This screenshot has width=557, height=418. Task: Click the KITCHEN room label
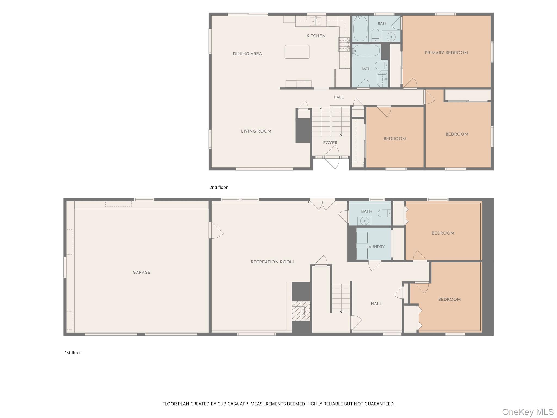pyautogui.click(x=316, y=36)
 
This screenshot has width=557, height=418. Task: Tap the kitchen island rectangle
pyautogui.click(x=297, y=52)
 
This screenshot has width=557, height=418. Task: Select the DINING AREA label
pyautogui.click(x=247, y=54)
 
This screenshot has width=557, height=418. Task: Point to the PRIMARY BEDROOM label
pyautogui.click(x=446, y=53)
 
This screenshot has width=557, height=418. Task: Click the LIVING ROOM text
pyautogui.click(x=256, y=131)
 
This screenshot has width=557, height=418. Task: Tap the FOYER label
pyautogui.click(x=330, y=143)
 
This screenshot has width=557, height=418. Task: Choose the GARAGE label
pyautogui.click(x=141, y=272)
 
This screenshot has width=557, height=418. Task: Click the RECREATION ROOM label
pyautogui.click(x=272, y=262)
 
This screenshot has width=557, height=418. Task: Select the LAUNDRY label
pyautogui.click(x=375, y=247)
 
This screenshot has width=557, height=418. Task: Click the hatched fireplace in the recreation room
pyautogui.click(x=301, y=311)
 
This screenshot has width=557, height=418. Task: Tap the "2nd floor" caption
pyautogui.click(x=218, y=187)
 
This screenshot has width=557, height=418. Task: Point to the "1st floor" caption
pyautogui.click(x=73, y=352)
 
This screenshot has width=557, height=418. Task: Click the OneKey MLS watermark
pyautogui.click(x=528, y=412)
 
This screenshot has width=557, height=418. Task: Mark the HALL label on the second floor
pyautogui.click(x=339, y=97)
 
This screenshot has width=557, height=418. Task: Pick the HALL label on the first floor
pyautogui.click(x=376, y=303)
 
